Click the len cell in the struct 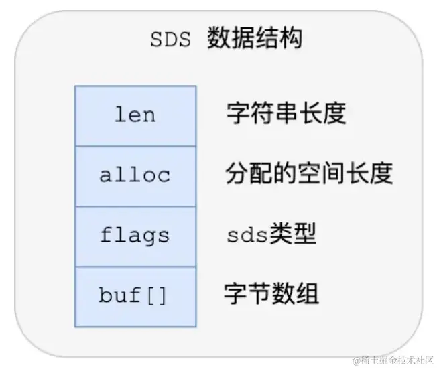coord(135,115)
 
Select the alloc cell coord(135,175)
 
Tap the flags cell coord(135,236)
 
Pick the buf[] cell coord(135,295)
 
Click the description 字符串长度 coord(286,114)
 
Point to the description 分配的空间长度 coord(309,174)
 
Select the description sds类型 coord(271,235)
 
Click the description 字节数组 coord(271,294)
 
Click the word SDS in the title coord(170,40)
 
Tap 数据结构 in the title coord(255,39)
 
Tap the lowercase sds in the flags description coord(248,236)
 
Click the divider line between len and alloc coord(135,146)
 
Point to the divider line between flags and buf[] coord(135,267)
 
